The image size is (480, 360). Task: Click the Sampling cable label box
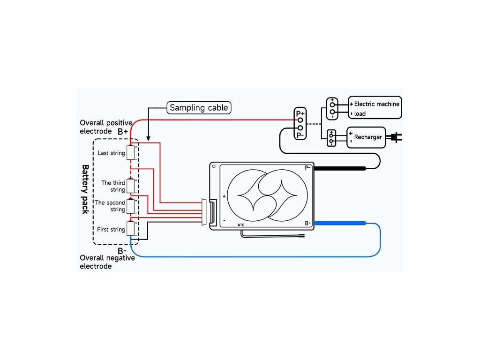(199, 108)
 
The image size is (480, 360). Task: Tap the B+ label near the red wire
(123, 132)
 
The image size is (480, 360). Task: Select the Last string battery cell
(131, 153)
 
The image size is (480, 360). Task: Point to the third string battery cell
(131, 186)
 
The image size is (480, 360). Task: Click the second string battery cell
(131, 206)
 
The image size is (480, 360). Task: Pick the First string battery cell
(131, 229)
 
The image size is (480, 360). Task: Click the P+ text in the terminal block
(300, 113)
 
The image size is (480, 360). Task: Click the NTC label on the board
(241, 225)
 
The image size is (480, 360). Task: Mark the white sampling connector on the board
(205, 212)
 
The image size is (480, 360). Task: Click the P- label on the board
(308, 167)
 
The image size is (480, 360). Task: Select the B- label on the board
(308, 223)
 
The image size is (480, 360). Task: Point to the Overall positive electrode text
(106, 127)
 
